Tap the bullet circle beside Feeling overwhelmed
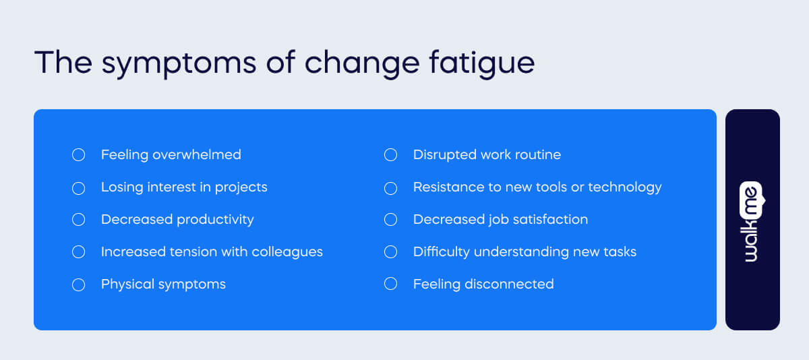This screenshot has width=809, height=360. click(x=78, y=155)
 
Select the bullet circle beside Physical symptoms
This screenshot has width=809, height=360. click(x=78, y=284)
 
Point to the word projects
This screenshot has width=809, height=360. click(x=241, y=187)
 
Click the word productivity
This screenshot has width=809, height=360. click(x=215, y=220)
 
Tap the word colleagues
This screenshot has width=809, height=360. click(x=287, y=252)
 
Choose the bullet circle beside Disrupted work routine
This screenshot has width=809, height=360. click(x=390, y=155)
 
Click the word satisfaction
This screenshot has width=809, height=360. click(x=549, y=220)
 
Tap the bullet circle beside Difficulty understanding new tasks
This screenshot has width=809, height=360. click(x=390, y=252)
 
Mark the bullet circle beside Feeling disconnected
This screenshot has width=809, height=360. click(x=390, y=284)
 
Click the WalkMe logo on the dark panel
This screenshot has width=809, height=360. click(x=752, y=220)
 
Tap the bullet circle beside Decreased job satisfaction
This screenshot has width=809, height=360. click(x=390, y=220)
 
